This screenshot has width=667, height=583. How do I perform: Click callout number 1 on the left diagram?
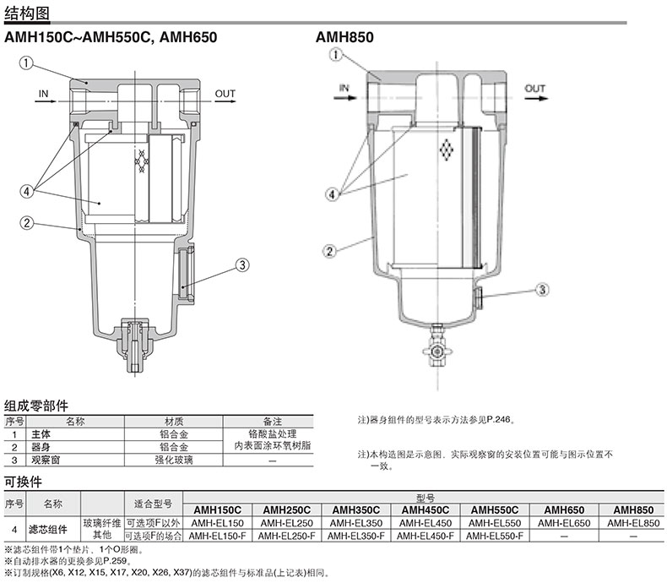26,63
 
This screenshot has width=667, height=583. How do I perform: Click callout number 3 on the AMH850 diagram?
542,290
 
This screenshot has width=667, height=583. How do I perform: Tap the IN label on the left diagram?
43,94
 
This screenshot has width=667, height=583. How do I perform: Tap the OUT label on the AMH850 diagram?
534,89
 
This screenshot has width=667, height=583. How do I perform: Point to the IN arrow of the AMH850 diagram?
345,98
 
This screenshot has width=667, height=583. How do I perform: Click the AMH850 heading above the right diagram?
344,37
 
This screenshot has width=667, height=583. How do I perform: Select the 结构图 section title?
27,14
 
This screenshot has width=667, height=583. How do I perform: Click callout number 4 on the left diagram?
26,191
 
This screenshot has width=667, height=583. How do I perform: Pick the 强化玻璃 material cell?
174,460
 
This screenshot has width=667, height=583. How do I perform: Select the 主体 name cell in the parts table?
41,434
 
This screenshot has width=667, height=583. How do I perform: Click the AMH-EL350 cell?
356,523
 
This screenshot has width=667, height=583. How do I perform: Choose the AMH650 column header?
564,509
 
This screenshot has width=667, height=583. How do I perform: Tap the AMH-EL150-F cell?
217,536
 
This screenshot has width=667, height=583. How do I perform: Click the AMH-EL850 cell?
633,523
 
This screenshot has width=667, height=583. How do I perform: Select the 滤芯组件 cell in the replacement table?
48,530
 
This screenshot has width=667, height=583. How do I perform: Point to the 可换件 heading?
23,482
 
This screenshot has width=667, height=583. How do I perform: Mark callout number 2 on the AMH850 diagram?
329,251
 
